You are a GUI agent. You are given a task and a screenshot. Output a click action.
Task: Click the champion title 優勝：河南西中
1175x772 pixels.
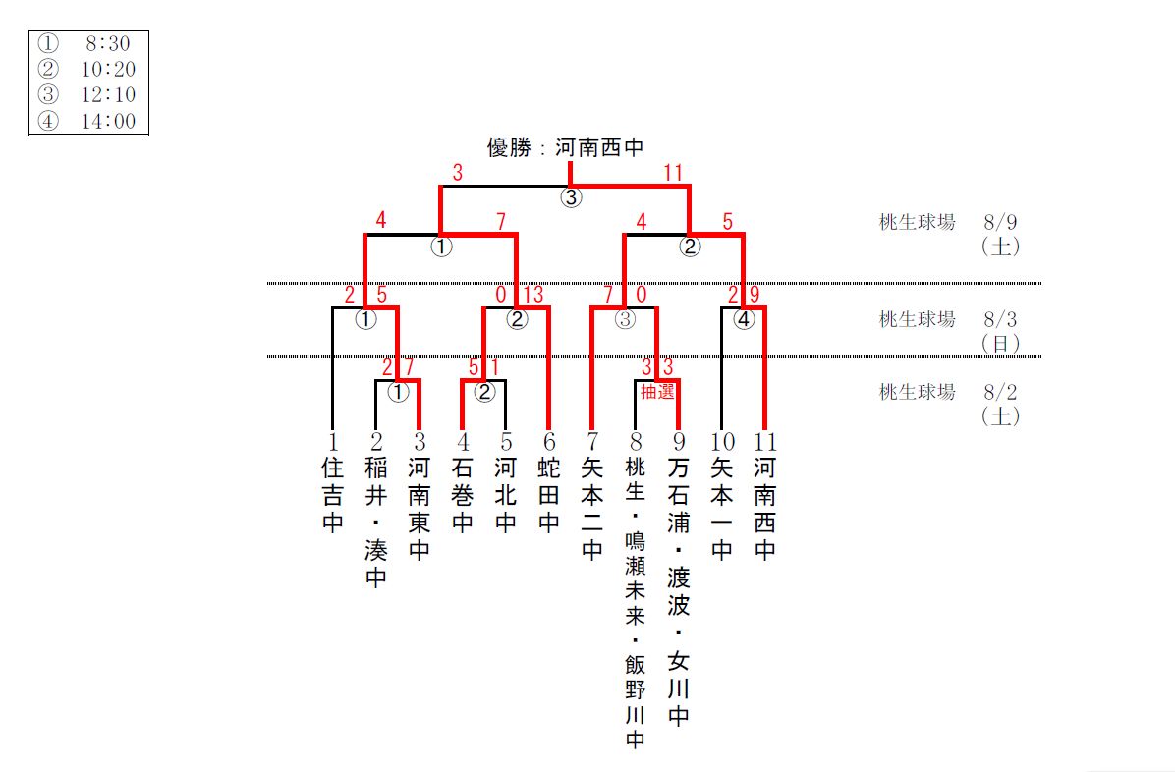pos(565,148)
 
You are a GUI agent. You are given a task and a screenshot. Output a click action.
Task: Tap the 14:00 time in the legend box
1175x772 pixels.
pos(107,122)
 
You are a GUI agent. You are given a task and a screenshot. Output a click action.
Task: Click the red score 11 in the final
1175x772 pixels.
pos(672,174)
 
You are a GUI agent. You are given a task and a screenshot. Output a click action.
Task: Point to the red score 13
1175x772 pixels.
pos(533,295)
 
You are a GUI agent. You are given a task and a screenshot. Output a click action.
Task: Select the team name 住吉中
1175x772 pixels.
pos(333,494)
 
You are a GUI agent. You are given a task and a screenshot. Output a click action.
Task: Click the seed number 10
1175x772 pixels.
pos(722,441)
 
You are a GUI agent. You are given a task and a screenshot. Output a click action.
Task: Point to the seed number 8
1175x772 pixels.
pos(635,441)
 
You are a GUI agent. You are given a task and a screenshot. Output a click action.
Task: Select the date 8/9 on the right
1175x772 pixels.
pos(1001,222)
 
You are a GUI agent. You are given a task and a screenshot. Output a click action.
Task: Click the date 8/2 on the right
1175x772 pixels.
pos(1001,392)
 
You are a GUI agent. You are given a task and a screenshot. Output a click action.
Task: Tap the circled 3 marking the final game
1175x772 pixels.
pos(571,197)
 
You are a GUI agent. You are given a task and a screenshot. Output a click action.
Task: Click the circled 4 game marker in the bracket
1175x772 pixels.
pos(745,318)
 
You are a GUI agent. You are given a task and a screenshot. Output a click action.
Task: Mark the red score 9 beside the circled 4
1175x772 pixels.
pos(753,295)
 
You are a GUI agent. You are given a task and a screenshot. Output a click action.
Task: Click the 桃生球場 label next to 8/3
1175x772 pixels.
pos(917,319)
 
